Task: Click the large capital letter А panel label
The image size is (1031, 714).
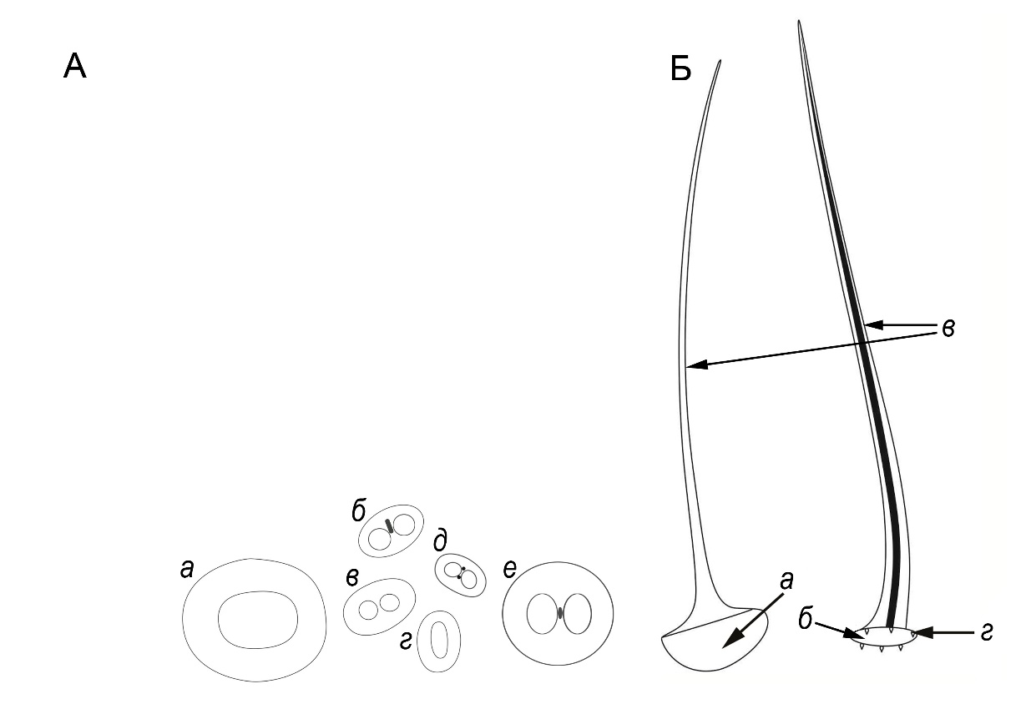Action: pos(74,66)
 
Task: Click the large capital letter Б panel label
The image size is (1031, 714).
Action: pos(680,69)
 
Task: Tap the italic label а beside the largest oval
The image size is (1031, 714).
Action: pos(187,569)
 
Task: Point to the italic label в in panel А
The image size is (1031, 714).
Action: pos(352,577)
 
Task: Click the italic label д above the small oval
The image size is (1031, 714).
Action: pos(440,541)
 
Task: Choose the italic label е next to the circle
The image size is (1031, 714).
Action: pos(509,570)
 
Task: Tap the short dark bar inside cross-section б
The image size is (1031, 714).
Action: pos(389,525)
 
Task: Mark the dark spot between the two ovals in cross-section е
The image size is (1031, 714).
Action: pos(559,613)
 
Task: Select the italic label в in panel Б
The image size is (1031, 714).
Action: pos(948,329)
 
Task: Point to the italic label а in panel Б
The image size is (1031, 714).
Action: pos(787,581)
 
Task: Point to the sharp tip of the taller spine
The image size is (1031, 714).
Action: pos(799,21)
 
